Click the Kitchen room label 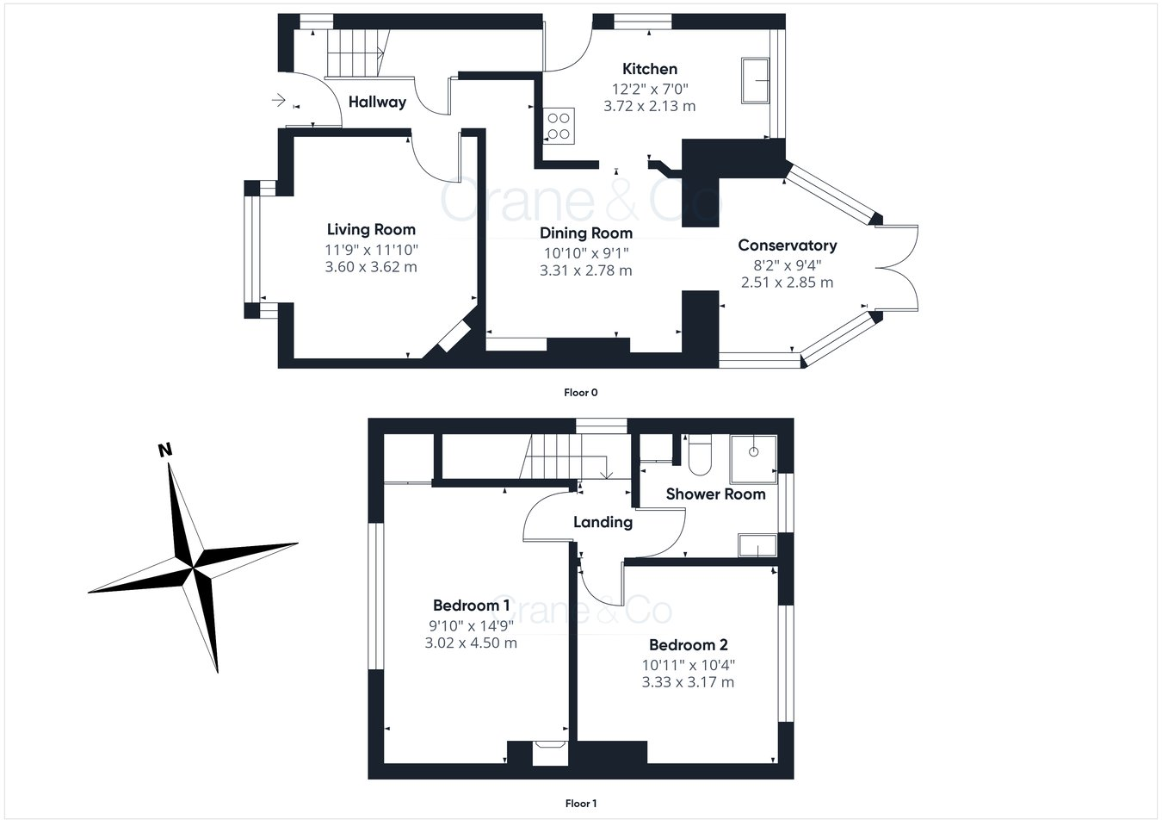pyautogui.click(x=650, y=69)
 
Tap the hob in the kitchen pyautogui.click(x=557, y=125)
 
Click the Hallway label pyautogui.click(x=377, y=102)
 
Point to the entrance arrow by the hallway pyautogui.click(x=278, y=101)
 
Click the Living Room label pyautogui.click(x=371, y=229)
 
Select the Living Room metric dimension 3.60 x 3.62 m pyautogui.click(x=371, y=267)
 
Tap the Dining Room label pyautogui.click(x=586, y=233)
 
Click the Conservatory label pyautogui.click(x=788, y=245)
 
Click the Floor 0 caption pyautogui.click(x=580, y=393)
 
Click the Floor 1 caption pyautogui.click(x=580, y=804)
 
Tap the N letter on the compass pyautogui.click(x=164, y=450)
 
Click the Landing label pyautogui.click(x=603, y=522)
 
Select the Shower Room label pyautogui.click(x=715, y=494)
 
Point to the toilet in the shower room pyautogui.click(x=699, y=455)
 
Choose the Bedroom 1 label pyautogui.click(x=471, y=606)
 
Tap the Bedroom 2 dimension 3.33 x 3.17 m pyautogui.click(x=688, y=682)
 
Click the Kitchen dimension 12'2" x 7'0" pyautogui.click(x=650, y=88)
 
